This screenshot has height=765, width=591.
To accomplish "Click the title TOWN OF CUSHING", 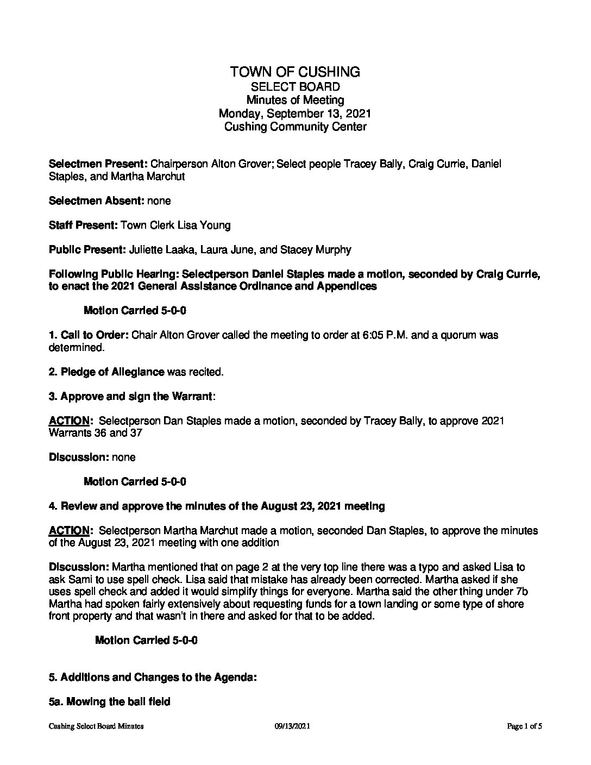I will [x=295, y=72].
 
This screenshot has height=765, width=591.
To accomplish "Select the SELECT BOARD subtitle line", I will [x=295, y=86].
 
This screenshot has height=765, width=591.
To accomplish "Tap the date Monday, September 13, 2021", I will [x=295, y=114].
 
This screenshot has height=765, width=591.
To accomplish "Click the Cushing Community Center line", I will [x=295, y=127].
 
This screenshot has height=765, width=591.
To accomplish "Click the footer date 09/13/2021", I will [x=292, y=726].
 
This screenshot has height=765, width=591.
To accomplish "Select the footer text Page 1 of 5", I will [x=525, y=726].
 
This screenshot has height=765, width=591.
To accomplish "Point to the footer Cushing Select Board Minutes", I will [x=96, y=726].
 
